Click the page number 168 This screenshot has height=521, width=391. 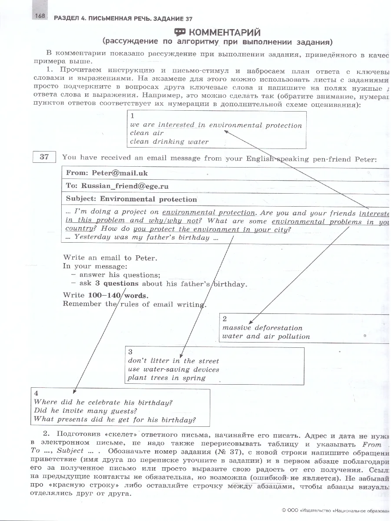[x=40, y=16]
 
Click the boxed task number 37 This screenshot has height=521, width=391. [x=44, y=157]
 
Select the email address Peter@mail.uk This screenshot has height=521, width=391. [x=119, y=173]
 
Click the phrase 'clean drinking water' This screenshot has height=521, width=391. [x=169, y=142]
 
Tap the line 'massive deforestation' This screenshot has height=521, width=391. [x=262, y=328]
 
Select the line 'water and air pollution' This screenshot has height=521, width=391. [x=266, y=336]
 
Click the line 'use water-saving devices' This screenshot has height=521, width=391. [x=173, y=369]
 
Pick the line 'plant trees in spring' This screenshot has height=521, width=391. [x=166, y=378]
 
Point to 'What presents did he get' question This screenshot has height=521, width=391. [x=115, y=419]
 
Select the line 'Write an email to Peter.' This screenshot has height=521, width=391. [x=110, y=258]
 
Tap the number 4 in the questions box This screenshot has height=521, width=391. [x=36, y=394]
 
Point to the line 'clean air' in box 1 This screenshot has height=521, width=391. [x=146, y=133]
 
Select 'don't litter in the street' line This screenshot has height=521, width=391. [x=173, y=361]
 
